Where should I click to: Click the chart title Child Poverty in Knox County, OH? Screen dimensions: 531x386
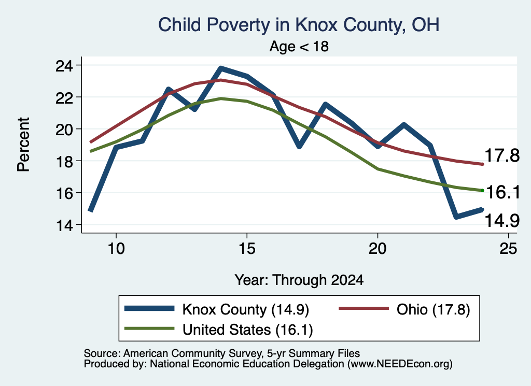pos(299,25)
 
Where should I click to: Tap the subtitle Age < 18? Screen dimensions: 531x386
pos(299,46)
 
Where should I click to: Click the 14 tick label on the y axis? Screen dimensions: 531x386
pos(64,225)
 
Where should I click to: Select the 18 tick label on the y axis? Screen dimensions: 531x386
pos(64,161)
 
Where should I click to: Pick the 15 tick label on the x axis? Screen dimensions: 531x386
pos(247,249)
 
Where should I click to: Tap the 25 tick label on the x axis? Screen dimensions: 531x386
pos(508,249)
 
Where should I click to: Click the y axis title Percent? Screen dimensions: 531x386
pos(23,145)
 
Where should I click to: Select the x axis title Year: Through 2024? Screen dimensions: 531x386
pos(299,280)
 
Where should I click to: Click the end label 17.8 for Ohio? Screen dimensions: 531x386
pos(502,155)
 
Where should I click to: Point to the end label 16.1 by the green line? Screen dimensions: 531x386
pos(503,192)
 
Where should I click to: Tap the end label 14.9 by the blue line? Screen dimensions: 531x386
pos(502,221)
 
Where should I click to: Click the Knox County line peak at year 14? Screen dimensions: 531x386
pos(221,69)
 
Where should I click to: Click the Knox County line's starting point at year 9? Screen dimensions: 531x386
pos(91,210)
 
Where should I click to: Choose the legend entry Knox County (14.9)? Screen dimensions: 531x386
pos(217,309)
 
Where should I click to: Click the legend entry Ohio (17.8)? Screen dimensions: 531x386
pos(404,309)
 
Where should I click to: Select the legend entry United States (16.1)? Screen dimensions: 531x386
pos(219,329)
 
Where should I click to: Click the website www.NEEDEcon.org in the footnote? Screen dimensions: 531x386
pos(400,364)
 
